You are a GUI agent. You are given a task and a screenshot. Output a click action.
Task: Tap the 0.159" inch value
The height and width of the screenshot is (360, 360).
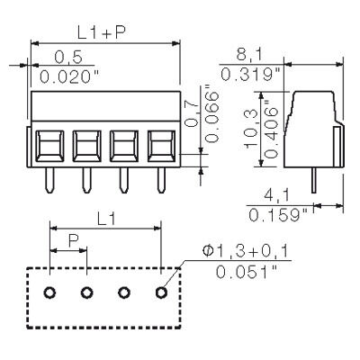(x=275, y=216)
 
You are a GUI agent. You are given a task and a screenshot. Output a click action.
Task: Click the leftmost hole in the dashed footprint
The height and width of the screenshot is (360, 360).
(x=50, y=292)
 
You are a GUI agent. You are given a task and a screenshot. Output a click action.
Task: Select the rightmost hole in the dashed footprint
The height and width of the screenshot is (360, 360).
(x=161, y=292)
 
